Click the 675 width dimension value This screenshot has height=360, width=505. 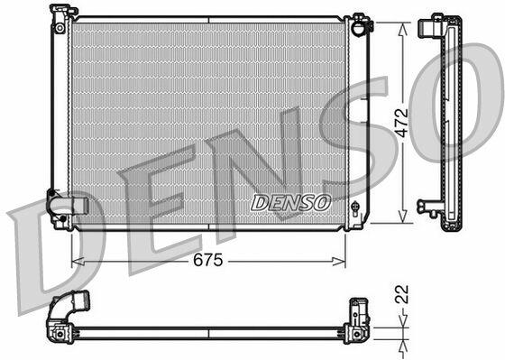(x=207, y=260)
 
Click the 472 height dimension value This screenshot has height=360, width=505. (x=401, y=123)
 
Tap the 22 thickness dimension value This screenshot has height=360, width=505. (x=401, y=294)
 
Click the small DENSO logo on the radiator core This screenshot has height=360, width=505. (x=290, y=203)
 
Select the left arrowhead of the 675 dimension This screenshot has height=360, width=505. (x=78, y=262)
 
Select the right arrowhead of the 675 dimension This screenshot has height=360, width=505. (x=339, y=262)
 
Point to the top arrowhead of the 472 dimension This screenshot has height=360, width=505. (x=402, y=29)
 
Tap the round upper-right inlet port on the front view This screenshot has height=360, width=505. (x=359, y=28)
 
